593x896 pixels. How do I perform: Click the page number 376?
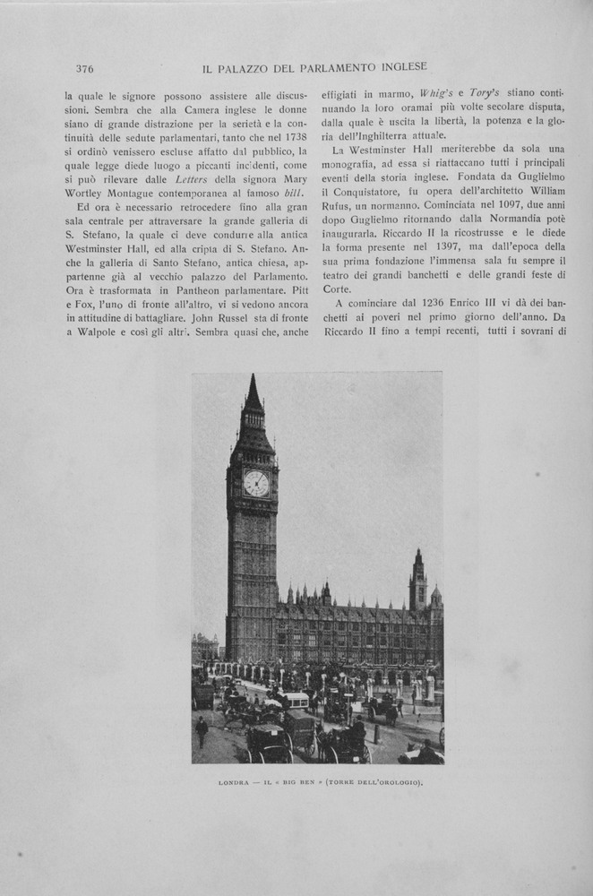pos(85,68)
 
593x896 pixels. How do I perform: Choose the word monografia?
pos(357,165)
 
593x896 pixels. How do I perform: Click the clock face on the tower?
pos(256,483)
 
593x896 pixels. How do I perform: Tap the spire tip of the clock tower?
pos(252,376)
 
